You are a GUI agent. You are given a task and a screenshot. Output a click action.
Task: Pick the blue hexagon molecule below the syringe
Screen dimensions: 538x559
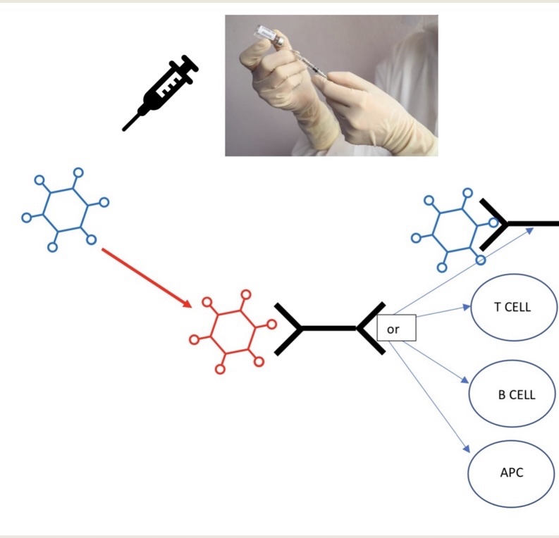[x=65, y=209]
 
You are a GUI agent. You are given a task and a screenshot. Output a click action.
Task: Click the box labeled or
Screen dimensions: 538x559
[x=396, y=328]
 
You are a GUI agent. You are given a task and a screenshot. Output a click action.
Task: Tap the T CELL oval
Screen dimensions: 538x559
[x=513, y=307]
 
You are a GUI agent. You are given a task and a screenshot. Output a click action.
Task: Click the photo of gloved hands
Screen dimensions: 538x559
[x=331, y=85]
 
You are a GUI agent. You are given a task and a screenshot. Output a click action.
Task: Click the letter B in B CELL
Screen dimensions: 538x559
[x=502, y=394]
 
